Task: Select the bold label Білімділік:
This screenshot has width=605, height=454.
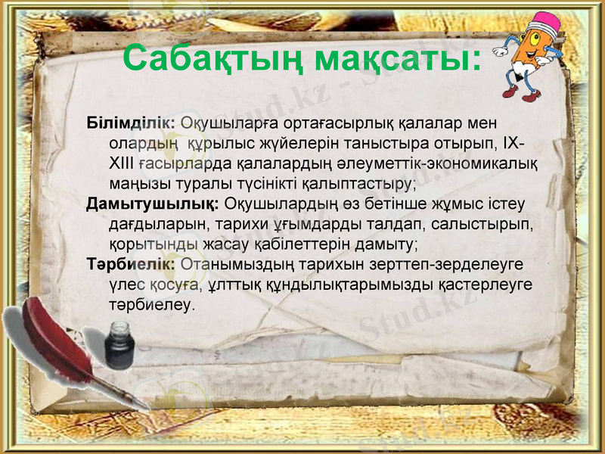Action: [131, 122]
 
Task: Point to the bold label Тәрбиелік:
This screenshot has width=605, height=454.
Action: [131, 264]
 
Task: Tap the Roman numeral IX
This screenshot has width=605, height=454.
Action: [513, 142]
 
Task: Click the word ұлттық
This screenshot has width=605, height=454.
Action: [232, 285]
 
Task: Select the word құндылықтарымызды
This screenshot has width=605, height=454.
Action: [354, 285]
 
